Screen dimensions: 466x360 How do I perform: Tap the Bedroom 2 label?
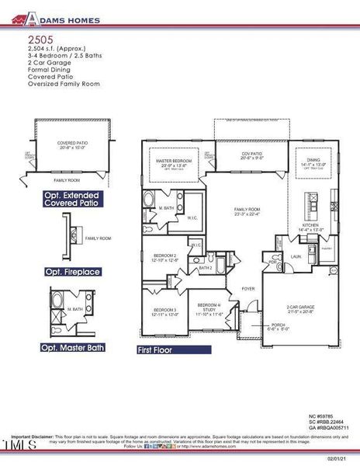click(x=164, y=256)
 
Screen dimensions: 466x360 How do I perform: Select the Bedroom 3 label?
click(x=164, y=310)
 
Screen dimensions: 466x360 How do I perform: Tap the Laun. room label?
click(x=295, y=254)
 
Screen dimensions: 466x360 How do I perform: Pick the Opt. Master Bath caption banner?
click(x=72, y=347)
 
